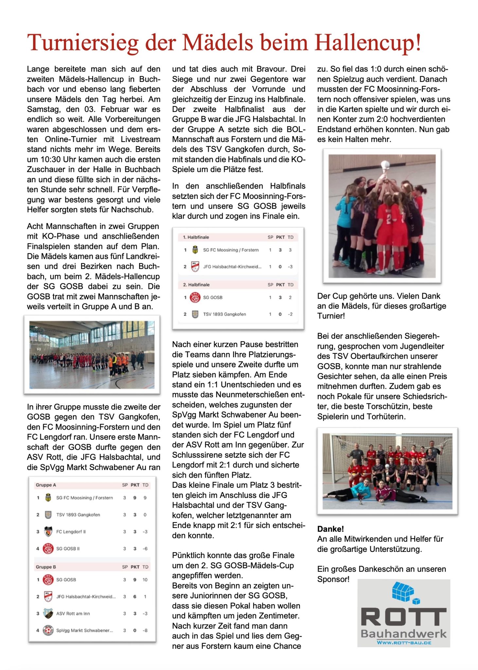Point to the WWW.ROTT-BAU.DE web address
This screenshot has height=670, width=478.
click(x=404, y=643)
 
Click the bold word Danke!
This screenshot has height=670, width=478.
click(x=330, y=529)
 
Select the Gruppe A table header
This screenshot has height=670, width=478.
click(x=46, y=485)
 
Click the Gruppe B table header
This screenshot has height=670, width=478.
click(x=46, y=567)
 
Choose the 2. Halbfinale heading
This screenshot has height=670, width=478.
click(x=196, y=285)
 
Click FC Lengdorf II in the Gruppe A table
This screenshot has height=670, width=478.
click(x=71, y=532)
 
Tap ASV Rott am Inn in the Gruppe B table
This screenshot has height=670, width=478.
click(x=73, y=613)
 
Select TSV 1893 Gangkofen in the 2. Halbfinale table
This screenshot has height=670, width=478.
click(x=224, y=314)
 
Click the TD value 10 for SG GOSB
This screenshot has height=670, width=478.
click(x=145, y=580)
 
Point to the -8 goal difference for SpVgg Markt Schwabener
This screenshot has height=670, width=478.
click(x=145, y=630)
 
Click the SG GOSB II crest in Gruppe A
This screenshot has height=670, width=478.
click(x=48, y=548)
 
